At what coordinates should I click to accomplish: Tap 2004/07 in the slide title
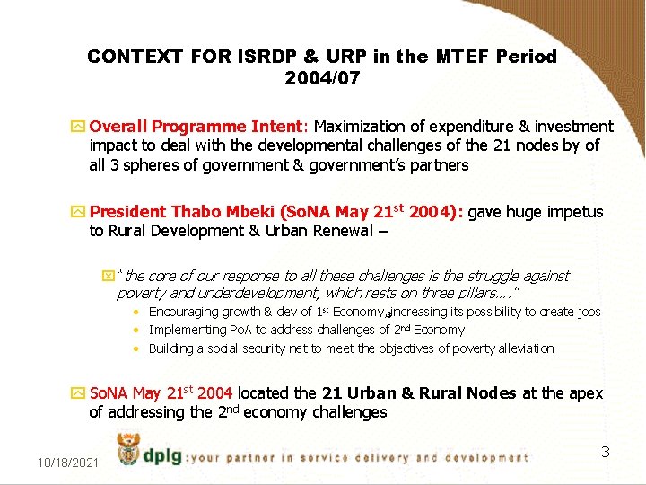coord(322,78)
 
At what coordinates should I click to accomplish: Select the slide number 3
coord(605,451)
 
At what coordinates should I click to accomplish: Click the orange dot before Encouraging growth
coord(134,313)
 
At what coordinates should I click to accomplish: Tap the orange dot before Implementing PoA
coord(134,331)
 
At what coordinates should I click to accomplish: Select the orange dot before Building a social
coord(134,349)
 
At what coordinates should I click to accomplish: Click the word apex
coord(586,393)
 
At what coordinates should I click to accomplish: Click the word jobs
coord(588,312)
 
